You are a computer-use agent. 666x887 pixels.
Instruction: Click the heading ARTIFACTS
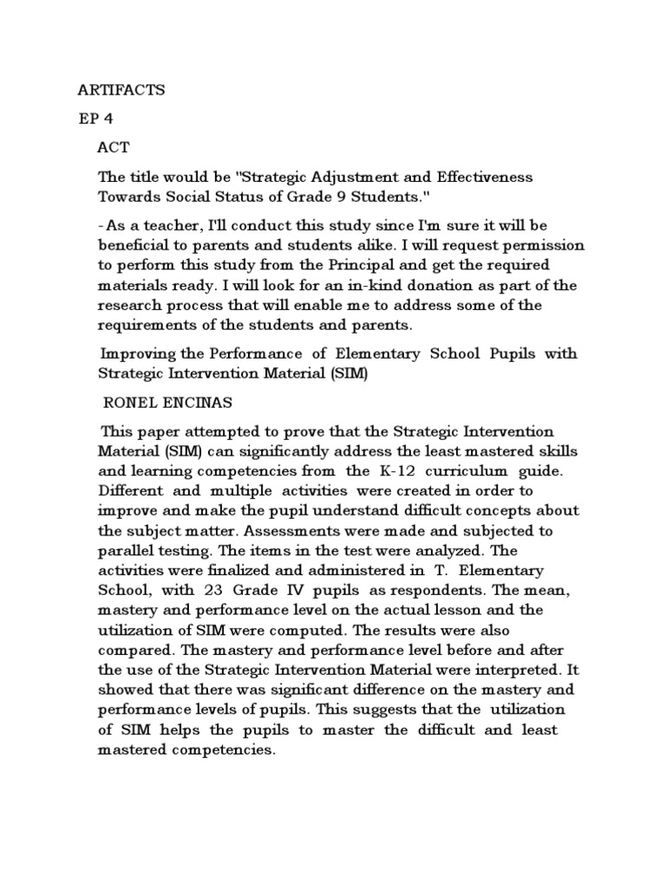121,89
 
